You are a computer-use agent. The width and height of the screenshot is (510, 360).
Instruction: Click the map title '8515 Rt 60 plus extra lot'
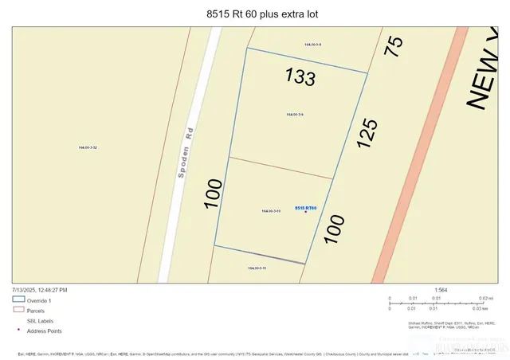coord(255,14)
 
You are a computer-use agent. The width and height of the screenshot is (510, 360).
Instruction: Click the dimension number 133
coord(300,76)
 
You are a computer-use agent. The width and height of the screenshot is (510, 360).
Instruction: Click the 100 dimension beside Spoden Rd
coord(213,194)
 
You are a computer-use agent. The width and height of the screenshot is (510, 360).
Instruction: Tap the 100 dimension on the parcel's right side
coord(334,229)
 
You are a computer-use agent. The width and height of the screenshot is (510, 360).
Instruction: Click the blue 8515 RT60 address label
coord(306,208)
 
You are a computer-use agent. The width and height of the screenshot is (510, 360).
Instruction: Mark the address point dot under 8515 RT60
coord(306,213)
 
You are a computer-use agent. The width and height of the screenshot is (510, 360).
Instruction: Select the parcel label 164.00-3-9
coord(295,115)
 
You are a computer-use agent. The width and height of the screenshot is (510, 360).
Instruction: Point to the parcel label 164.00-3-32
coord(88,147)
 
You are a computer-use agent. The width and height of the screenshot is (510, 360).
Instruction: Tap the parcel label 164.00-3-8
coord(313,45)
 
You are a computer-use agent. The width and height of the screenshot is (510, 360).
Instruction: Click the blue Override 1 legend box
coord(18,300)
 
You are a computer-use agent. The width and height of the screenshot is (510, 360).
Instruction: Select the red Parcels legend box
coord(18,311)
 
